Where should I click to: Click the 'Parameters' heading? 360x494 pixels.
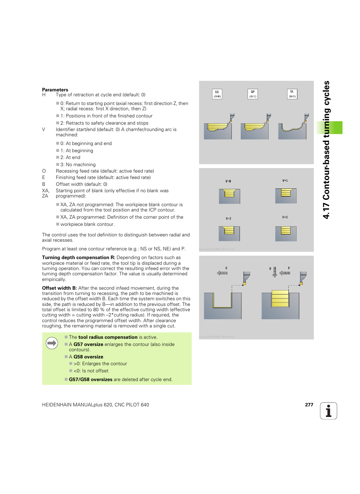tap(55, 90)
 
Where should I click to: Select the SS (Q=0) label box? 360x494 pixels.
tap(217, 94)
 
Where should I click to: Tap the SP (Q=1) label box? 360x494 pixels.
tap(252, 94)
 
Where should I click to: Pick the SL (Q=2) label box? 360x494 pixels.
tap(292, 94)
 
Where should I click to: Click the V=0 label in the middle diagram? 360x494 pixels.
tap(228, 181)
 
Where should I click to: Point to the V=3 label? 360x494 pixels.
tap(285, 217)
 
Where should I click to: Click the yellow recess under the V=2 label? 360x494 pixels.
tap(229, 230)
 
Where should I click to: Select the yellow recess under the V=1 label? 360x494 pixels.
tap(286, 193)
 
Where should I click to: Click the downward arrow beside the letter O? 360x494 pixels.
tap(275, 272)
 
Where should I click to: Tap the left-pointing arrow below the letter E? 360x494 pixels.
tap(222, 273)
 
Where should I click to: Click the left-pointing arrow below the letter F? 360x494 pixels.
tap(285, 273)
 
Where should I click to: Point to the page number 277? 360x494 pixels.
tap(309, 405)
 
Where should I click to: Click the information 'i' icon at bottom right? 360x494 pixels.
tap(328, 411)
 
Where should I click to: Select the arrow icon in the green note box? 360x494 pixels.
tap(52, 343)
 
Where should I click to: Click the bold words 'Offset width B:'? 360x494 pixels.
tap(59, 288)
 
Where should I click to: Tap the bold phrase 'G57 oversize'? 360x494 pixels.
tap(88, 344)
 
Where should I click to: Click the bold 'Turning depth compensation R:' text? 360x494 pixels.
tap(78, 258)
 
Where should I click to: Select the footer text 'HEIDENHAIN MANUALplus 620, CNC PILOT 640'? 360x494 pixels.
tap(95, 405)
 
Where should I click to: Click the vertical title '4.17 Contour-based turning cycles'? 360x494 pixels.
tap(326, 150)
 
